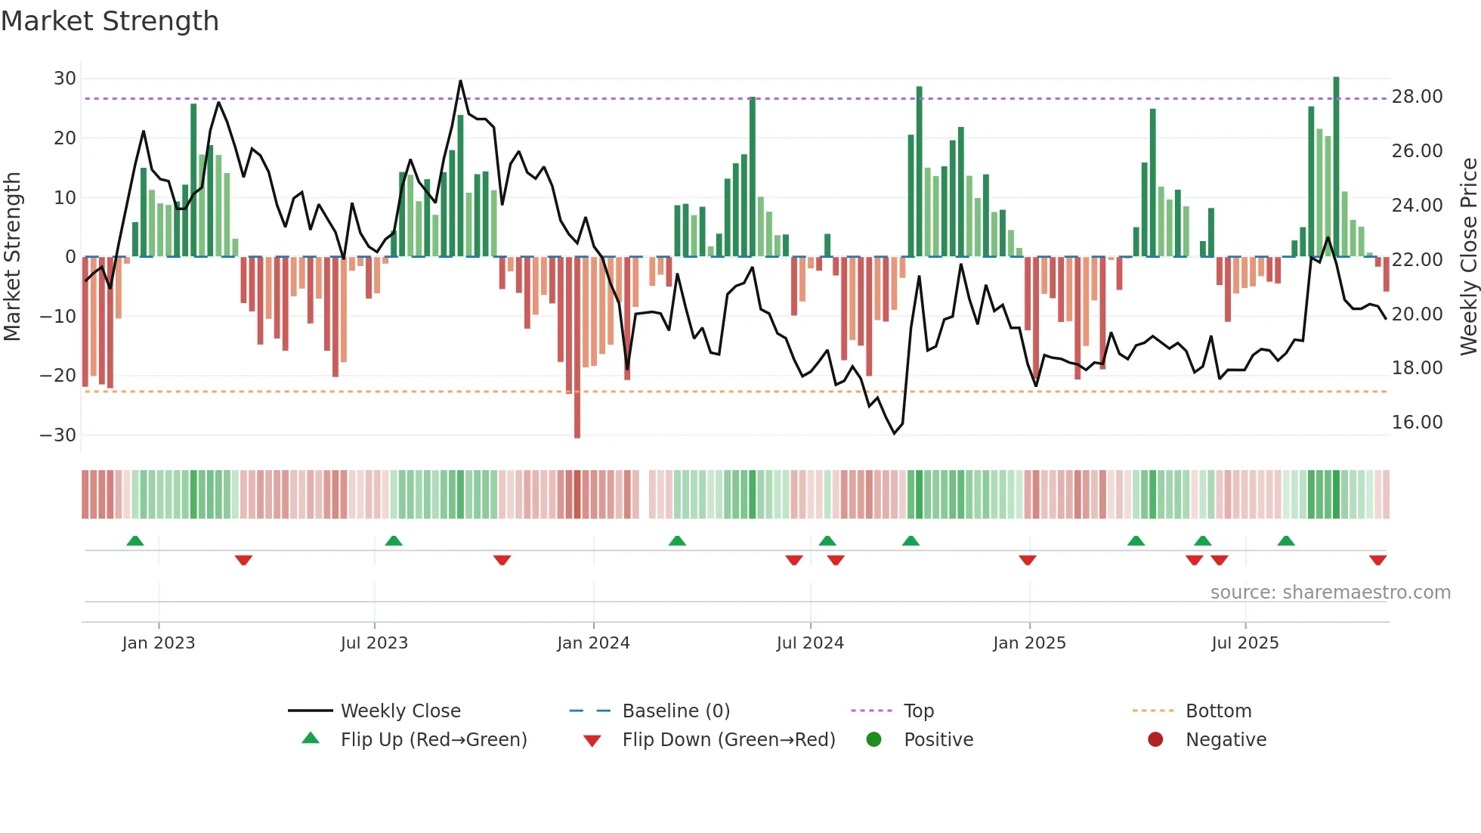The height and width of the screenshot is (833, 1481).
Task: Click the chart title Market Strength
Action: [110, 21]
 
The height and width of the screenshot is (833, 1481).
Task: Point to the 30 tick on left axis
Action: [65, 79]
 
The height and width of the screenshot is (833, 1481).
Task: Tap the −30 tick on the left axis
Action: [58, 435]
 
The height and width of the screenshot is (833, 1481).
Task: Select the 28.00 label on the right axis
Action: [1417, 97]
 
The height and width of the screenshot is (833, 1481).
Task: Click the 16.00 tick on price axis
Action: [1417, 423]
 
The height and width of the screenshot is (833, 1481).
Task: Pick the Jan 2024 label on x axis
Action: [593, 643]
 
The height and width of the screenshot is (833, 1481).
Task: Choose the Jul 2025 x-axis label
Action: [1244, 643]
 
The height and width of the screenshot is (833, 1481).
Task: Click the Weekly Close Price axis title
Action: [1468, 257]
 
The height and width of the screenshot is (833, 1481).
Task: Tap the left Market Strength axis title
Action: [13, 257]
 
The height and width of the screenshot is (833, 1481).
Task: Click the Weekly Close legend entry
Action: [400, 711]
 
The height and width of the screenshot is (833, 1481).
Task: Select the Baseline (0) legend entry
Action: [676, 711]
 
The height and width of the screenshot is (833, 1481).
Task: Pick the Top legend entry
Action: [918, 711]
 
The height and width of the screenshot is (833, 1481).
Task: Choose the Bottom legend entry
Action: [1218, 711]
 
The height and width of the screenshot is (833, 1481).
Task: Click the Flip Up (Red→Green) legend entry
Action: [433, 740]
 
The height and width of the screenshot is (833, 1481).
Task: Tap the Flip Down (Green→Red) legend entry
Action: [728, 740]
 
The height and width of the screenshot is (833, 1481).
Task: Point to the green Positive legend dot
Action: [874, 740]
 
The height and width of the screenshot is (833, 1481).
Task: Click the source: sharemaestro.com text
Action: [1330, 593]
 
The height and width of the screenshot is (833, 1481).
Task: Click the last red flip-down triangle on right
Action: [1377, 560]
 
